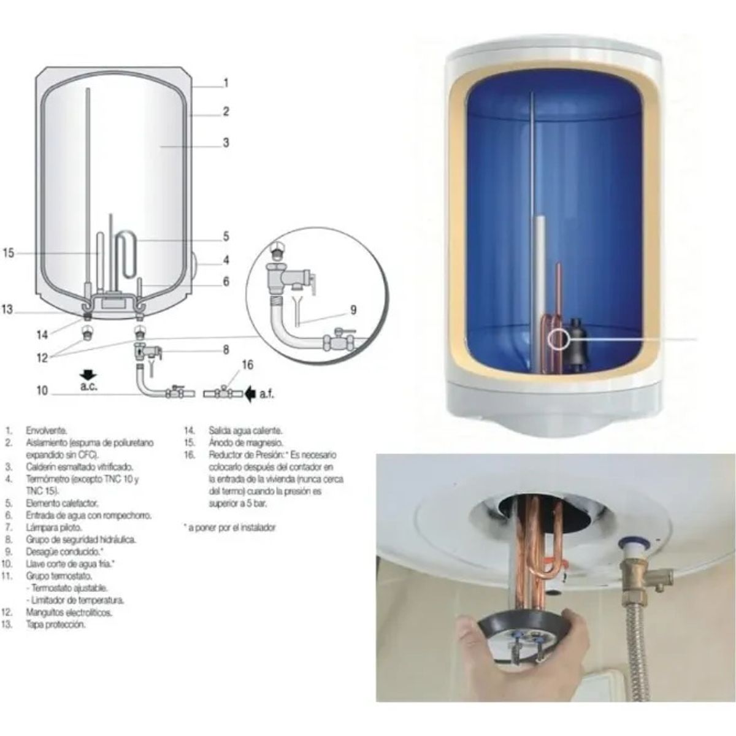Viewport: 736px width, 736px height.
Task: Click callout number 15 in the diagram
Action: tap(9, 253)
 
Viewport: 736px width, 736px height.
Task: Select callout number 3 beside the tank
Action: tap(226, 143)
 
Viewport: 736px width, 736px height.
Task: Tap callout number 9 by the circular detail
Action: tap(353, 310)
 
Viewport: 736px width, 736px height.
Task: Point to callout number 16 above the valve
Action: tap(248, 366)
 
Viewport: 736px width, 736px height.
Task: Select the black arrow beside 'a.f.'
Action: tap(250, 394)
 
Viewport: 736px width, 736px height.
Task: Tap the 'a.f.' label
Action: tap(267, 395)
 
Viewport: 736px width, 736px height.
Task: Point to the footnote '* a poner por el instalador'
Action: tap(229, 527)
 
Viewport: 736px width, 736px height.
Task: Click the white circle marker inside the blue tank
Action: tap(559, 339)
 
